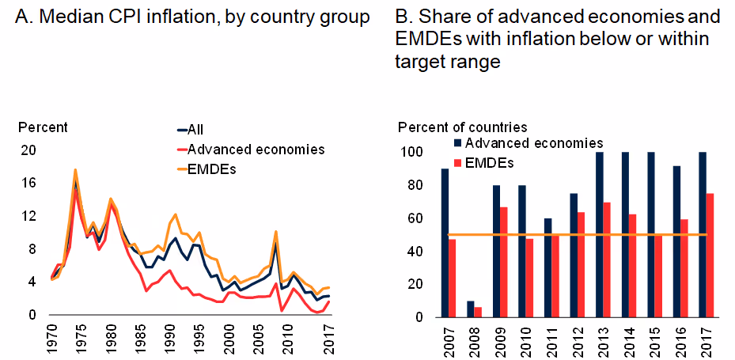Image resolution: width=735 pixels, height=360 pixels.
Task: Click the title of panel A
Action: pos(193,16)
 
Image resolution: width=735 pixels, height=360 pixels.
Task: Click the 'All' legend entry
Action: pos(197,130)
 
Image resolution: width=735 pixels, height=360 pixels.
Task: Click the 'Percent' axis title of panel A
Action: pos(43,127)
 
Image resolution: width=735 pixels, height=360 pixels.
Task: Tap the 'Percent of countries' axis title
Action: pos(462,127)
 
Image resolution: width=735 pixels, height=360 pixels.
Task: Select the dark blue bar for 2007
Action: pos(445,243)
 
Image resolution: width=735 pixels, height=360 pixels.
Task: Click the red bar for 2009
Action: pos(503,262)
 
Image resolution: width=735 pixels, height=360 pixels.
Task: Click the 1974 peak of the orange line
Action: pos(75,170)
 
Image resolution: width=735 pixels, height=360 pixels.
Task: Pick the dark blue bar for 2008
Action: pos(470,309)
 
